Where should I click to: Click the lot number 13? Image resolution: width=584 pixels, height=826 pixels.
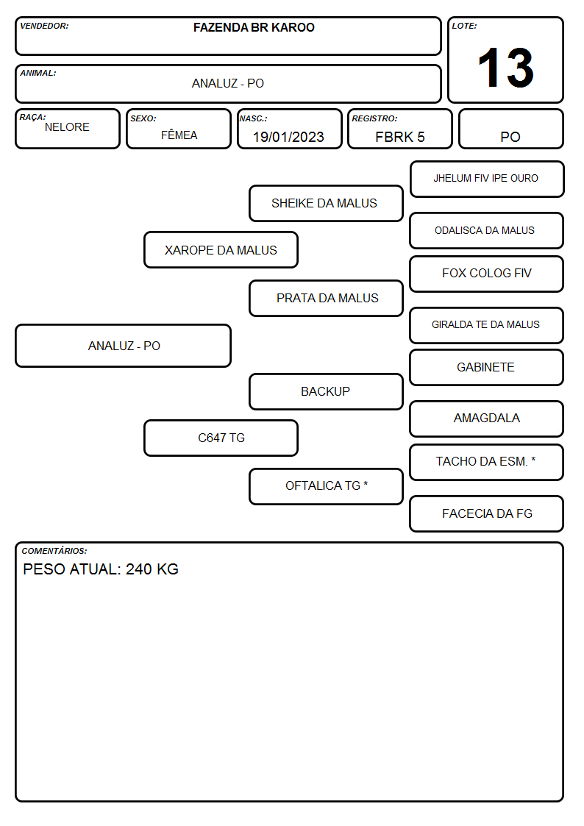(505, 68)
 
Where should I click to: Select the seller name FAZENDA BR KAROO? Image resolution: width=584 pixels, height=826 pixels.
(254, 27)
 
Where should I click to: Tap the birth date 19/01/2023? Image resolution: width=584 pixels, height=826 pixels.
(288, 137)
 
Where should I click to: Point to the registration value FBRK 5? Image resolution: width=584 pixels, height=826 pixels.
(399, 137)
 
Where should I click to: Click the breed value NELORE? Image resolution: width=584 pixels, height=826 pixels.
(67, 127)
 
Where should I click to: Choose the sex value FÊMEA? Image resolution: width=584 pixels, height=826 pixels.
(179, 135)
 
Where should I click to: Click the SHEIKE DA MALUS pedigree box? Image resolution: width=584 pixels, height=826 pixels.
(326, 203)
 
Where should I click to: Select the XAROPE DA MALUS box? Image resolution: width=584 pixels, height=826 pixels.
(221, 249)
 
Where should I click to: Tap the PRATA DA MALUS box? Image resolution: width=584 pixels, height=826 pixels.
(326, 298)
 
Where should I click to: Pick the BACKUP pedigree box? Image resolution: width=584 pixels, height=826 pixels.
(326, 391)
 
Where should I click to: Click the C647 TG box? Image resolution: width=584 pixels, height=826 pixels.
(221, 438)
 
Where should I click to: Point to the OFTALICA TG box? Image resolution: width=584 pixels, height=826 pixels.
(326, 486)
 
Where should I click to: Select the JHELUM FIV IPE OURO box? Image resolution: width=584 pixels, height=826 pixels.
(487, 179)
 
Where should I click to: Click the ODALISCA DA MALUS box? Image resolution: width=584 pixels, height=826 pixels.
(487, 231)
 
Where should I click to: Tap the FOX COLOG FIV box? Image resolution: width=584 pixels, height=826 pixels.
(487, 274)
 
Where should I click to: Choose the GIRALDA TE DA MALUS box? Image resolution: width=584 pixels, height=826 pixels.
(487, 325)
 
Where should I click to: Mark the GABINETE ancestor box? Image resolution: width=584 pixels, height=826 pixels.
(487, 367)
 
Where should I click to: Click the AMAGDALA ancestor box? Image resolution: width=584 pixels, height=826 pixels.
(487, 419)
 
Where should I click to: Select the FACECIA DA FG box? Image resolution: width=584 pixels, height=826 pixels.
(487, 513)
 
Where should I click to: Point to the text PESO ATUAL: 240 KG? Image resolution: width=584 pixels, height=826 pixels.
(101, 569)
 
